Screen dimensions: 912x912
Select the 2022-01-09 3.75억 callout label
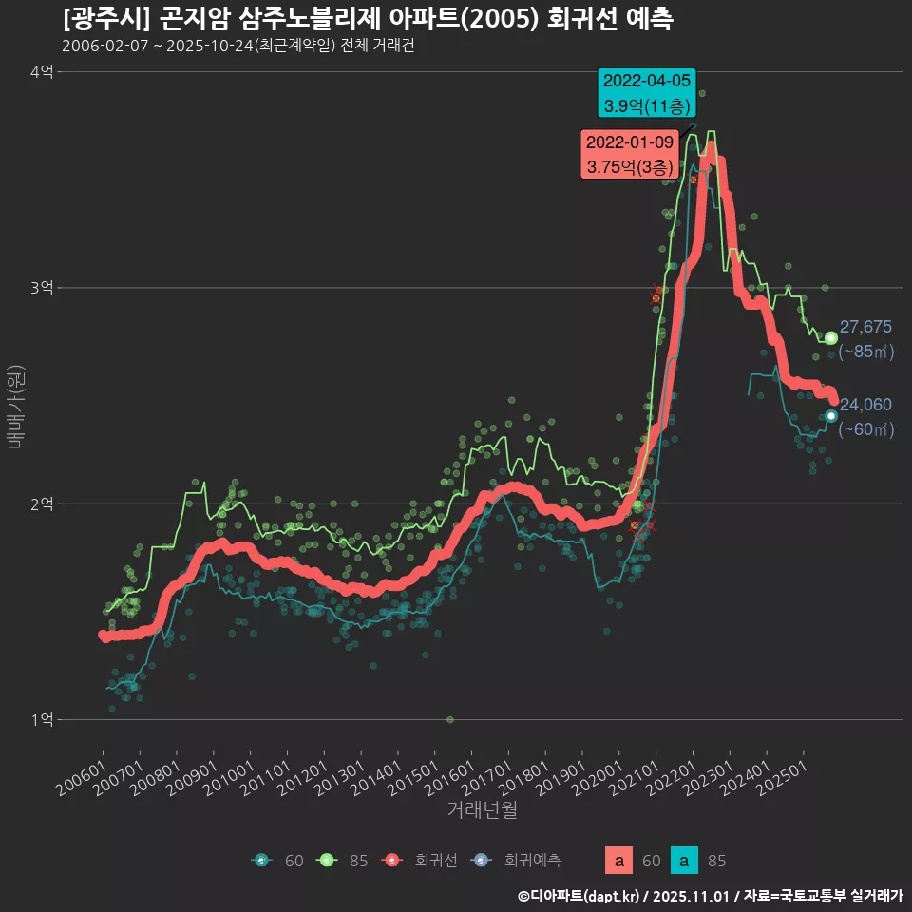coord(630,154)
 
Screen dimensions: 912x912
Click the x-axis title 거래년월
coord(482,810)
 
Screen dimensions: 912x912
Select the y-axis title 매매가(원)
coord(16,406)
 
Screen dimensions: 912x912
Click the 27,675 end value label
coord(865,327)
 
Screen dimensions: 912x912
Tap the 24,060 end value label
coord(865,405)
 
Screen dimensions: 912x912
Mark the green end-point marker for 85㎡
coord(831,337)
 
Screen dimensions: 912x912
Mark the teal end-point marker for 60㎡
coord(831,415)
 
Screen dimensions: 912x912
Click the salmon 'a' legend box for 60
coord(618,861)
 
